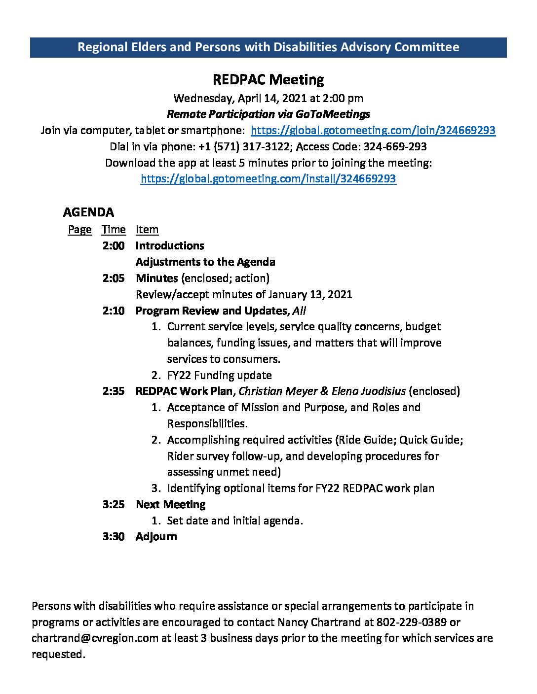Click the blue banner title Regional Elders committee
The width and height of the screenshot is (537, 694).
(x=268, y=47)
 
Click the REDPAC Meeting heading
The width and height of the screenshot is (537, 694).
(x=268, y=79)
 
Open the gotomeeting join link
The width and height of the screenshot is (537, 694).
(x=373, y=130)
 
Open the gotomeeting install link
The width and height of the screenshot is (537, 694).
(x=268, y=178)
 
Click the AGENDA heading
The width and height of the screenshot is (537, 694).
(x=88, y=212)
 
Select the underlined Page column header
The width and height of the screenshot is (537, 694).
(x=79, y=230)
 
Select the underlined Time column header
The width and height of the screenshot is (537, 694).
(x=114, y=230)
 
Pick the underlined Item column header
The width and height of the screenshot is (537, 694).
(x=147, y=230)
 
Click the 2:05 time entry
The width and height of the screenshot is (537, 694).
(x=114, y=278)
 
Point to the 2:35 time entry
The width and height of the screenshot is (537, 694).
(x=114, y=391)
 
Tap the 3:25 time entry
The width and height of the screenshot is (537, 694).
(x=114, y=504)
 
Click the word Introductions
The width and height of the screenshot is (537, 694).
(x=170, y=245)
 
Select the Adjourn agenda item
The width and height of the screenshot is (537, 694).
(x=156, y=536)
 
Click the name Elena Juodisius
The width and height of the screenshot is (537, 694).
(x=369, y=391)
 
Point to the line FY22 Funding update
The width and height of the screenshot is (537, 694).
(x=219, y=375)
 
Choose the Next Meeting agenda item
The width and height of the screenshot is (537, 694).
(x=170, y=504)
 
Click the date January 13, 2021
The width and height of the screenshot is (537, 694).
(x=310, y=294)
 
